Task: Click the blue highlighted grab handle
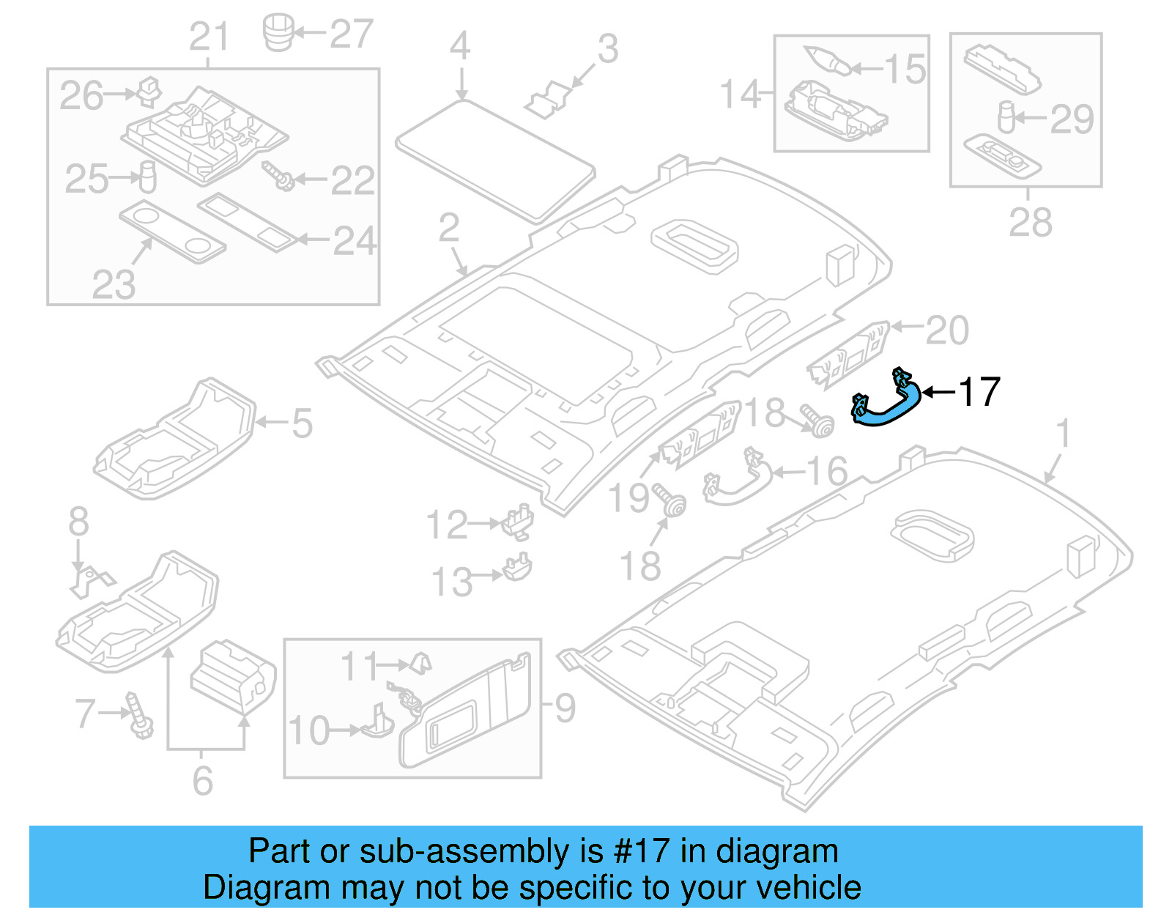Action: coord(886,407)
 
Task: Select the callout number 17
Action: coord(979,392)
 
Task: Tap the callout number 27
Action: coord(351,34)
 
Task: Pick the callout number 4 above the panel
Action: coord(459,47)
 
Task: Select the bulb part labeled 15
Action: coord(828,60)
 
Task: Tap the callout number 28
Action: coord(1029,222)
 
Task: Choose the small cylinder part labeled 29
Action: coord(1006,116)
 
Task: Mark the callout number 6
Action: coord(203,780)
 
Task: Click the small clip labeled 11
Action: coord(420,663)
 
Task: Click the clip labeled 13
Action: coord(518,568)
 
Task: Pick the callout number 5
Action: coord(302,423)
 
